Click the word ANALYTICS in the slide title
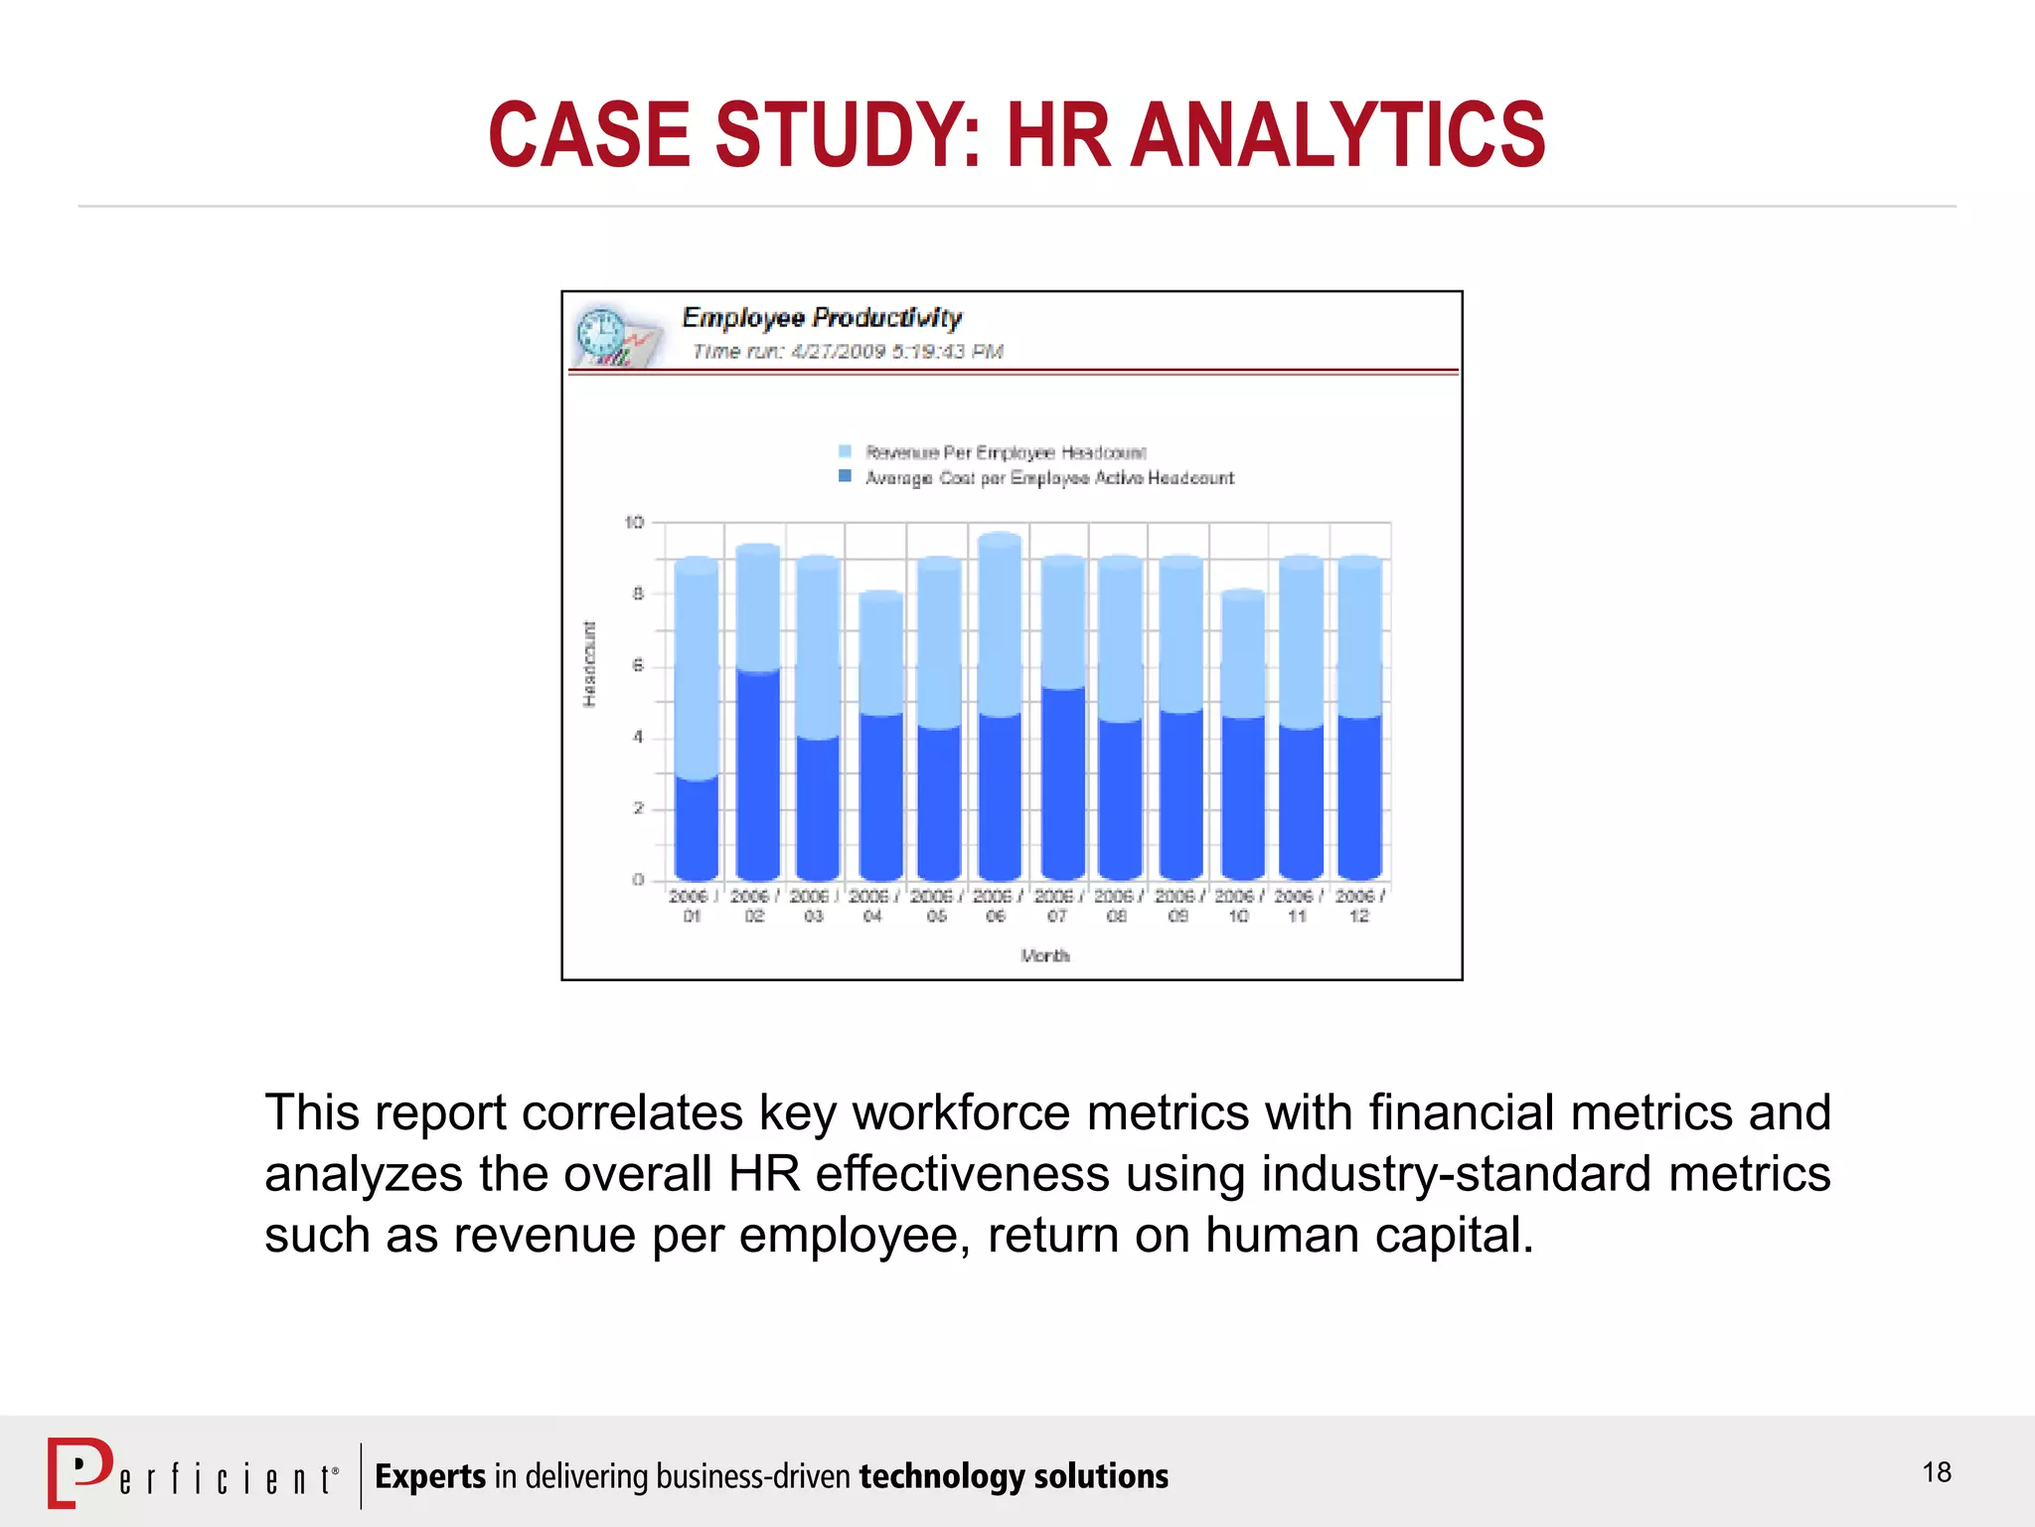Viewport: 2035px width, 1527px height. [x=1338, y=135]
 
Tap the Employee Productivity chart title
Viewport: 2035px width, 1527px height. [x=821, y=317]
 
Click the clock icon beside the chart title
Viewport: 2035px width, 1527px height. [x=602, y=332]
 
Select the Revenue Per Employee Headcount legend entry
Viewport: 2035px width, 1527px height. [x=1005, y=452]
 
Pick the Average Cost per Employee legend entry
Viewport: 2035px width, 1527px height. [x=1048, y=478]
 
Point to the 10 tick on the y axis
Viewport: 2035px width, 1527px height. [x=634, y=522]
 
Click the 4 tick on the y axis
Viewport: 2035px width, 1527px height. [x=638, y=737]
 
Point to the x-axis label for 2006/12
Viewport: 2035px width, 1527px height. [x=1359, y=906]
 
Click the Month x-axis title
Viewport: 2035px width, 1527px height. [x=1045, y=955]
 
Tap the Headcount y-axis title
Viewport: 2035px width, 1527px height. [x=590, y=664]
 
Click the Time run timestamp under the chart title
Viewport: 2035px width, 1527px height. [x=848, y=351]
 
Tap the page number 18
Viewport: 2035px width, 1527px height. [x=1937, y=1472]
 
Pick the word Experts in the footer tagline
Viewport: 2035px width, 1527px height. [x=430, y=1476]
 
